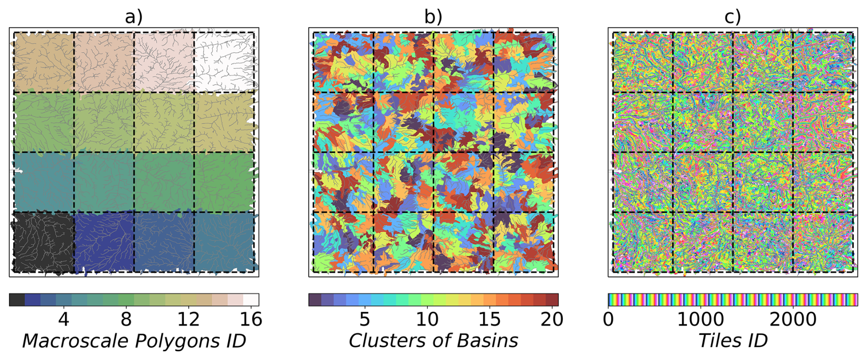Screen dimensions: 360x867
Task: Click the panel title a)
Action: pos(134,17)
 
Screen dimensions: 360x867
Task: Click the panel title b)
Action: pos(433,17)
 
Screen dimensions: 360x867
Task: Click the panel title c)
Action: pos(732,17)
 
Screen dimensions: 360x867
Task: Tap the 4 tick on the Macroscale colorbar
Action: pos(64,319)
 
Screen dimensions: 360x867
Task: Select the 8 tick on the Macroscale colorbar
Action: pos(126,319)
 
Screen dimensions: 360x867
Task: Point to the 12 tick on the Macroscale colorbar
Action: pos(189,319)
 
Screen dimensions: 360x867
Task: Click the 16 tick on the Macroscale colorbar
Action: pos(251,319)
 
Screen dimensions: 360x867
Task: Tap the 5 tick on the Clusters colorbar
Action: pos(365,319)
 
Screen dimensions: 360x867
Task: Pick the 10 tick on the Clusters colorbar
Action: pos(427,319)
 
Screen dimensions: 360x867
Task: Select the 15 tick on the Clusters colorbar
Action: pos(489,319)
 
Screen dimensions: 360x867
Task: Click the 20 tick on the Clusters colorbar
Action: pos(552,319)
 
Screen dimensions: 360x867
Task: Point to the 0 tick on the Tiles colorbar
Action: pos(609,319)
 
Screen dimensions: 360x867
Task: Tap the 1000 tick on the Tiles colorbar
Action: pos(701,319)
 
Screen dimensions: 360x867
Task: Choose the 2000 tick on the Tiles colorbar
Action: pos(793,319)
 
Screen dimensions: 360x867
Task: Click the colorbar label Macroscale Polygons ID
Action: pos(134,341)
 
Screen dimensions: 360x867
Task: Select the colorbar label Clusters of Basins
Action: pos(433,341)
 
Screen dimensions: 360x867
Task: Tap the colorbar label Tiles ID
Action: pos(732,341)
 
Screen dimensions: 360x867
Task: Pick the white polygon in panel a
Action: pos(224,62)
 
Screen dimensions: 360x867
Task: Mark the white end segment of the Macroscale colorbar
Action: pos(251,300)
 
